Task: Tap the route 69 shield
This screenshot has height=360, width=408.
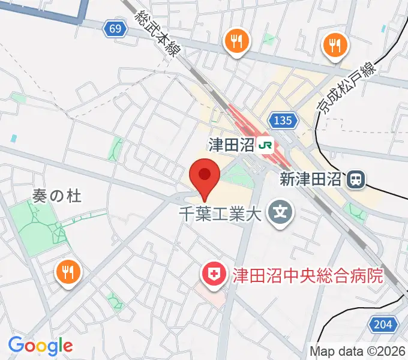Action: (117, 28)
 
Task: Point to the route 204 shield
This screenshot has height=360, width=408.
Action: (388, 325)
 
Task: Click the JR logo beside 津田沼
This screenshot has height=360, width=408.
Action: (265, 145)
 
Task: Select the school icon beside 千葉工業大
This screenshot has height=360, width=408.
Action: (280, 212)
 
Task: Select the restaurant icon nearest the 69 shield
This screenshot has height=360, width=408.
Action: (236, 41)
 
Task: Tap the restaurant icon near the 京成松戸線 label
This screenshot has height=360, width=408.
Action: (334, 44)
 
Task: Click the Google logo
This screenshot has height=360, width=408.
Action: (40, 346)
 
